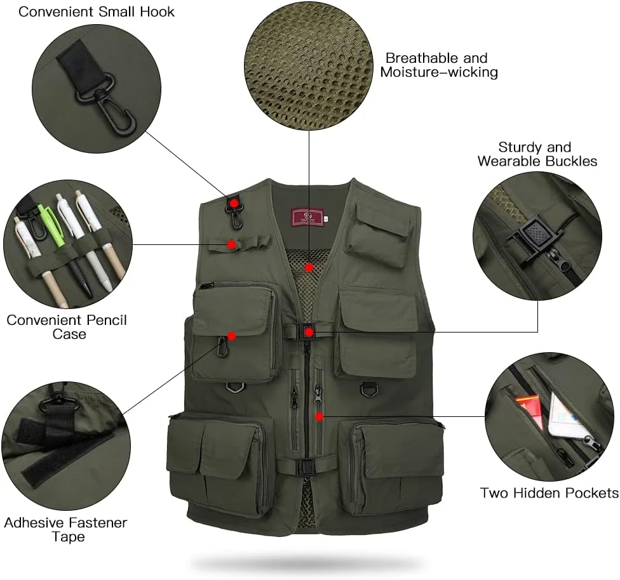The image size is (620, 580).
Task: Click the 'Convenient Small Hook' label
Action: point(96,12)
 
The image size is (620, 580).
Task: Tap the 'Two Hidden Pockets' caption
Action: point(549,493)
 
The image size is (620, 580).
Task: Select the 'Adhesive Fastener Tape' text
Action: point(65,530)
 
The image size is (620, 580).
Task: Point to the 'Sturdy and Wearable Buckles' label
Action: point(537,154)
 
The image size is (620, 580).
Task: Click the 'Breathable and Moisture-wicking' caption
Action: point(439,65)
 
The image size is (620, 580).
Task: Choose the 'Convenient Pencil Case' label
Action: point(67,327)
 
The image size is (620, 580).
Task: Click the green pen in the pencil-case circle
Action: point(51,226)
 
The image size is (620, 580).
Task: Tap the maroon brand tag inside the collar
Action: point(307,216)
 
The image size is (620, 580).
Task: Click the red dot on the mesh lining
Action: point(309,268)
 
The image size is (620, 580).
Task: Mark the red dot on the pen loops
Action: point(232,244)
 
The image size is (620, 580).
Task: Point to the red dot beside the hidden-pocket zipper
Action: point(320,416)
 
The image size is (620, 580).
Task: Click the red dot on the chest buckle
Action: point(309,332)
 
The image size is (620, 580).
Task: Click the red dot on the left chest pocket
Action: point(232,336)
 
